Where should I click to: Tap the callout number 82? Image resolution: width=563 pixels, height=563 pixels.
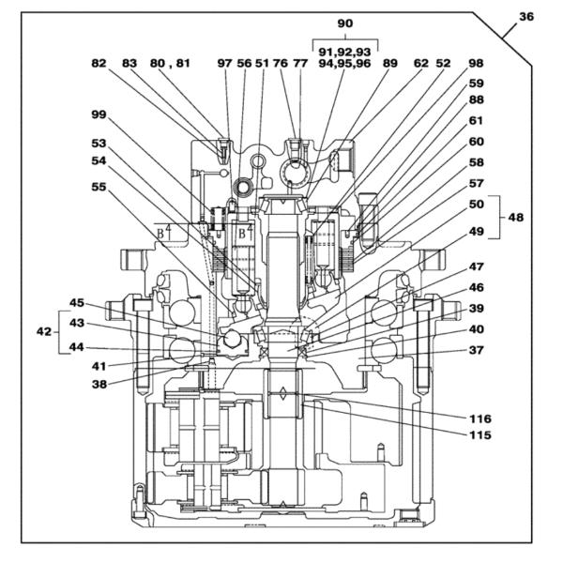tap(99, 63)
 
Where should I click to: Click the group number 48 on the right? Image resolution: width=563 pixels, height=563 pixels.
tap(515, 217)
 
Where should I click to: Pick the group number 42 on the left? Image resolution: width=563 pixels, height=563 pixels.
tap(42, 331)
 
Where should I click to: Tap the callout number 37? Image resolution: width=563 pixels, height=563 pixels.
tap(477, 351)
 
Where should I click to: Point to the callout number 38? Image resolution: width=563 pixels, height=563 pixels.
tap(99, 383)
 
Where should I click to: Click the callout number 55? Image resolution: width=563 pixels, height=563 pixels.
tap(99, 187)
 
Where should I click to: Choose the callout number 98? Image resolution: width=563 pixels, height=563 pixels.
tap(476, 63)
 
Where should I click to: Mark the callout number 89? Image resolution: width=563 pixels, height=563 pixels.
tap(389, 63)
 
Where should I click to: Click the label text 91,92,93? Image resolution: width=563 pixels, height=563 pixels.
tap(344, 47)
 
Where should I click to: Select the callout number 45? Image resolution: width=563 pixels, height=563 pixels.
tap(77, 302)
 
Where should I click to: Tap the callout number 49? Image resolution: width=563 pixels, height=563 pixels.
tap(477, 231)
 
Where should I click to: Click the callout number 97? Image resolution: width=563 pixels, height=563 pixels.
tap(224, 63)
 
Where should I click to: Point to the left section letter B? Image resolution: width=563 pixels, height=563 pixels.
tap(161, 232)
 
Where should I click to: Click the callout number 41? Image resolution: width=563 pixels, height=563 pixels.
tap(99, 365)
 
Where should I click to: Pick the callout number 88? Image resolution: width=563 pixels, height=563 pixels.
tap(477, 100)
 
